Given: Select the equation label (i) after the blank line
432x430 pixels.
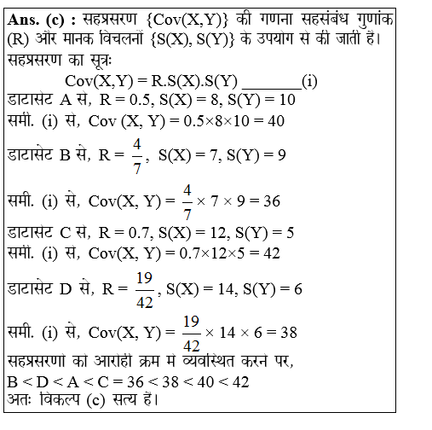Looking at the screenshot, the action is click(309, 82).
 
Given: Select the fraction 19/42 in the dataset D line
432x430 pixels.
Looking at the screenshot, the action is click(143, 288).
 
